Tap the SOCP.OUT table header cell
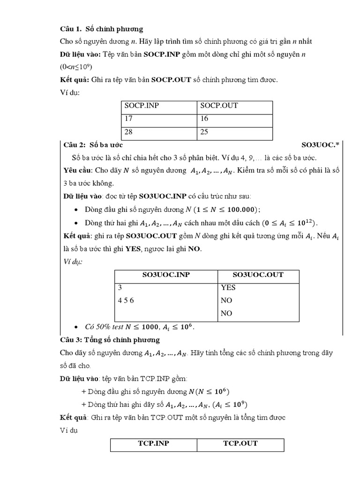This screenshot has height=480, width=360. (x=219, y=105)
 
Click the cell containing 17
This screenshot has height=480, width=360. (x=129, y=119)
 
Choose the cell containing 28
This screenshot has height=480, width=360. (x=129, y=132)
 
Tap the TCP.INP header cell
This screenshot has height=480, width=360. (x=153, y=443)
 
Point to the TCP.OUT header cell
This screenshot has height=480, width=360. (x=240, y=443)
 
